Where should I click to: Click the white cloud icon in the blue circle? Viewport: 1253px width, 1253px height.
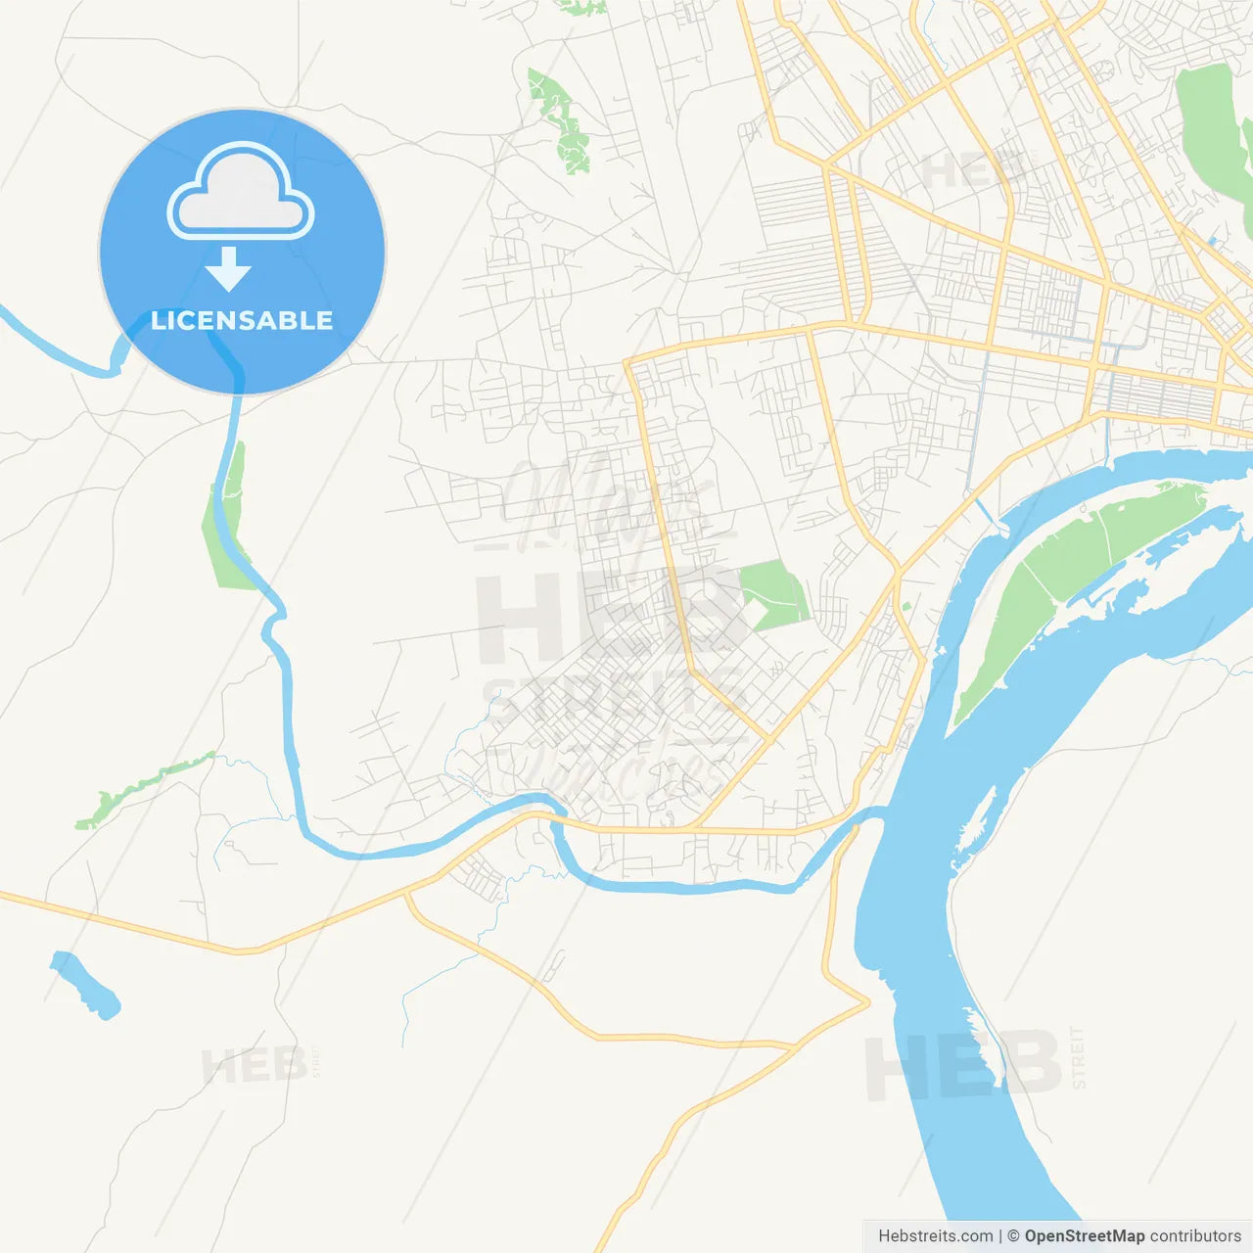241,193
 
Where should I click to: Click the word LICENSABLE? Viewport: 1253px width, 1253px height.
242,320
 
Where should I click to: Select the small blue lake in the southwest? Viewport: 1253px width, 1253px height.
86,985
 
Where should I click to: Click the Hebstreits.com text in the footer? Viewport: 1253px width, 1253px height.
935,1236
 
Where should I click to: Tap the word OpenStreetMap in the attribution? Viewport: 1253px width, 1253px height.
1084,1236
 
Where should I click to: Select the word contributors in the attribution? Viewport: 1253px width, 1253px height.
1195,1236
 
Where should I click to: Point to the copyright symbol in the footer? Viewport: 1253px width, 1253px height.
1013,1236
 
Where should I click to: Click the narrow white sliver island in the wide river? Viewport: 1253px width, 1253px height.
975,822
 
